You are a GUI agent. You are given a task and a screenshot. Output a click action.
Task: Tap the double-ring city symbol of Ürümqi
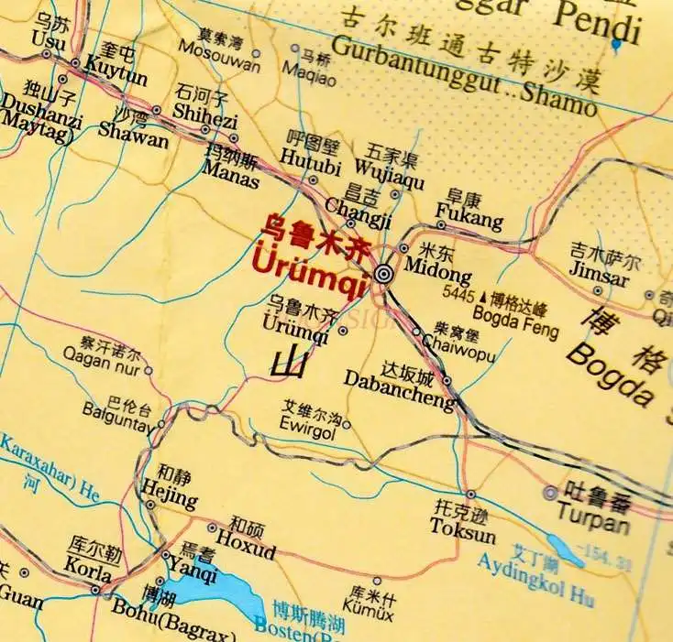tap(384, 273)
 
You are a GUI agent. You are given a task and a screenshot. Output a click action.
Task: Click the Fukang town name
tap(469, 220)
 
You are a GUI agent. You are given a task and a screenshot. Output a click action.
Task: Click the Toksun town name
tap(463, 534)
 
